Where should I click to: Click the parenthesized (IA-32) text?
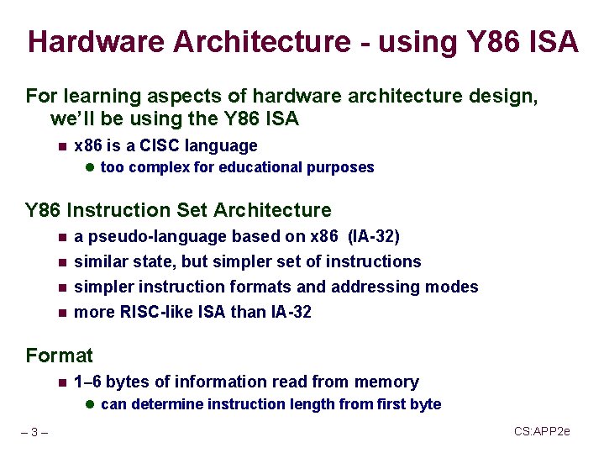click(373, 236)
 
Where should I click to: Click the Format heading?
click(60, 356)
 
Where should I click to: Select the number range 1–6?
click(88, 382)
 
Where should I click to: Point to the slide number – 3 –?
click(34, 433)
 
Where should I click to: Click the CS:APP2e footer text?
click(542, 431)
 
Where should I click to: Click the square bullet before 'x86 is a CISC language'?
click(61, 146)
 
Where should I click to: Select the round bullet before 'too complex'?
click(90, 167)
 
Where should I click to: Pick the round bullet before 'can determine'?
click(90, 404)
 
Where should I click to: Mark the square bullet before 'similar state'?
click(61, 262)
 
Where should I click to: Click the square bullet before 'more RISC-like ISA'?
click(61, 313)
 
